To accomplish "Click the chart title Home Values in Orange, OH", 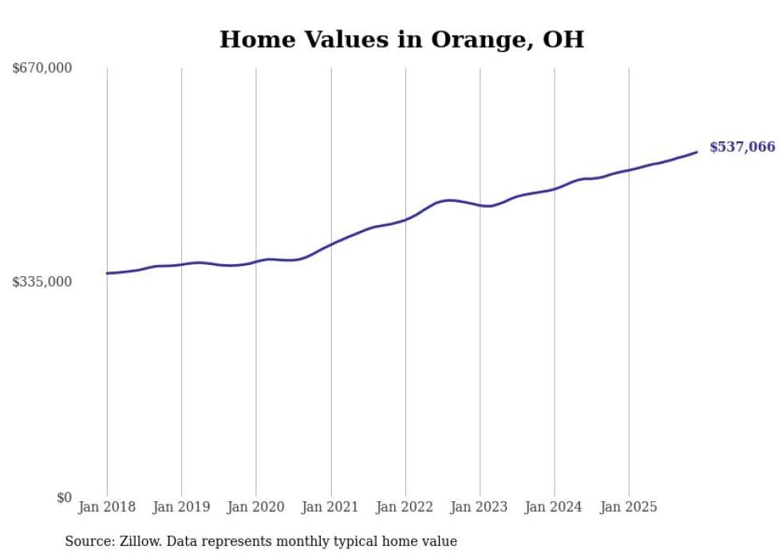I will click(x=401, y=39).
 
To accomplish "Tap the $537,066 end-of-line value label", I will click(x=741, y=147).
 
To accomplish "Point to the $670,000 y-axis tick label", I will click(x=42, y=68).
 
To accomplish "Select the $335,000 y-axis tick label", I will click(x=42, y=282).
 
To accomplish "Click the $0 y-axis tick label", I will click(x=64, y=497).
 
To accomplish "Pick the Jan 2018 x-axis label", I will click(x=107, y=507).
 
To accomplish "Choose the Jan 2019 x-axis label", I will click(x=181, y=507).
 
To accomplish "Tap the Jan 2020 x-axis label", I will click(x=256, y=507).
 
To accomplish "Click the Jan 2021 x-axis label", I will click(x=330, y=507).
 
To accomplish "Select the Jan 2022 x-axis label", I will click(x=405, y=507).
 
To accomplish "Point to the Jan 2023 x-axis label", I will click(x=480, y=507).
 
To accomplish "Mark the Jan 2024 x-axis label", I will click(x=555, y=507).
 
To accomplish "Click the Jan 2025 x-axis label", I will click(x=629, y=507).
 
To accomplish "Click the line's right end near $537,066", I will click(x=697, y=152).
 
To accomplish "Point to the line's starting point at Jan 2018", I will click(x=107, y=273).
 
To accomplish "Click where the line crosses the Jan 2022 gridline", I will click(x=405, y=219).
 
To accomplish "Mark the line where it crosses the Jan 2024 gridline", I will click(x=555, y=188).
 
